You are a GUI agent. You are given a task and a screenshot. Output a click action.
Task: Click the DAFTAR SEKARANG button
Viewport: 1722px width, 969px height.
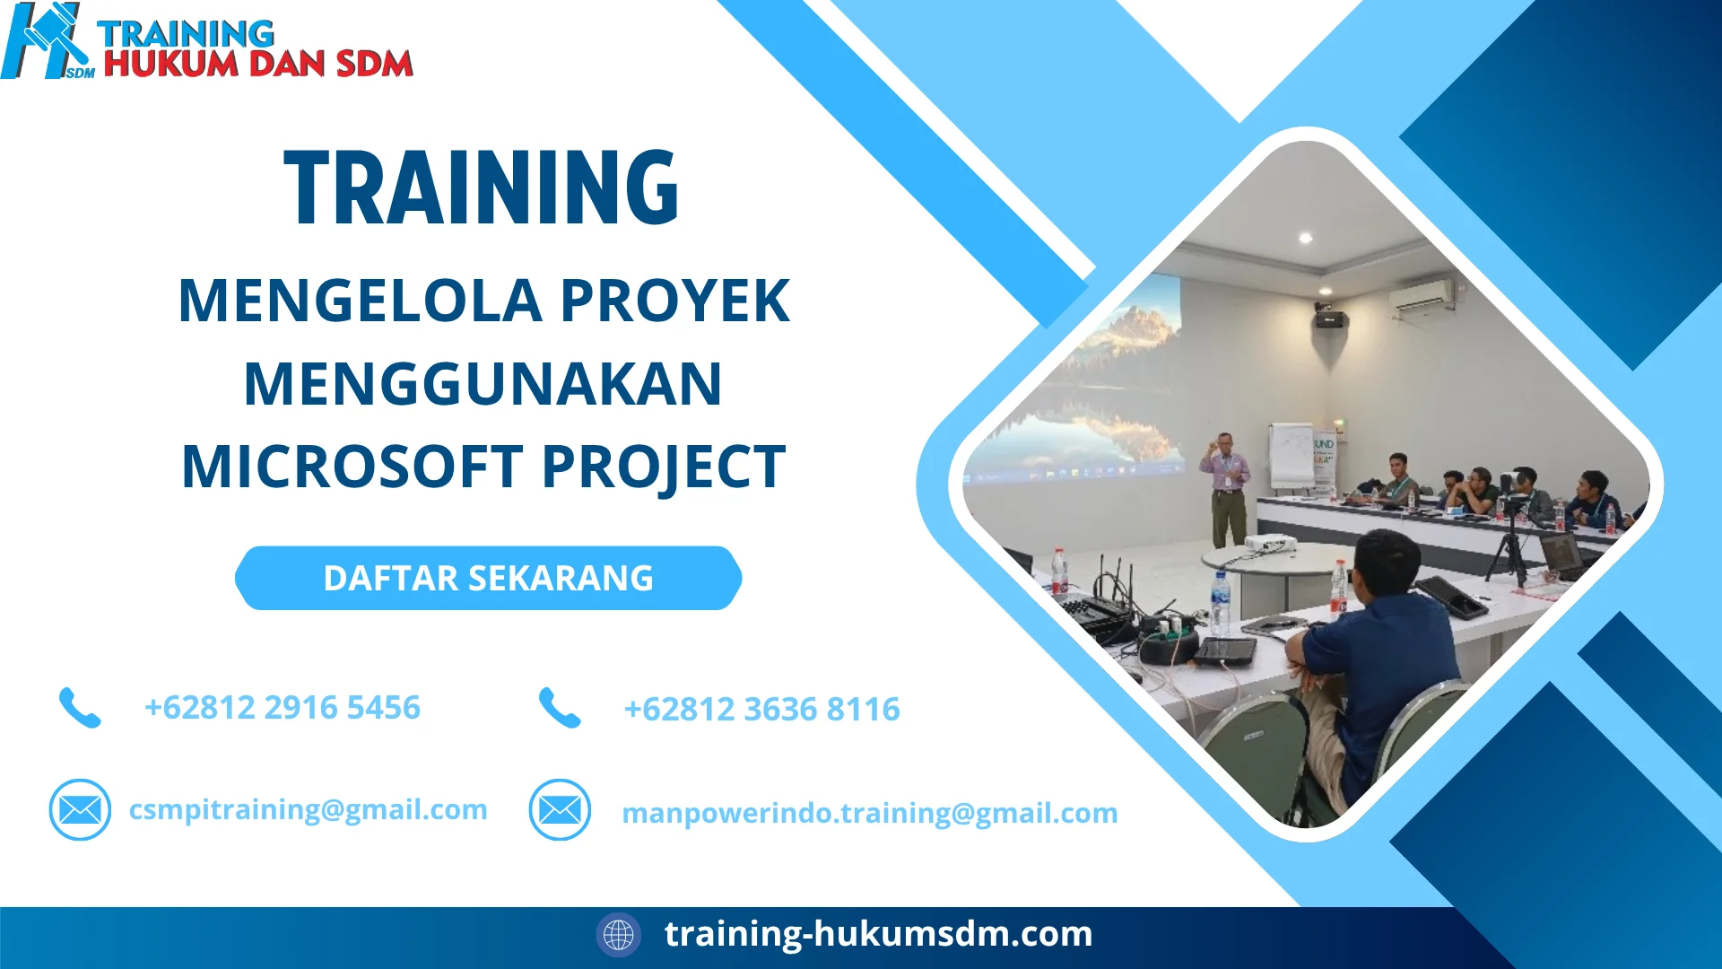488,579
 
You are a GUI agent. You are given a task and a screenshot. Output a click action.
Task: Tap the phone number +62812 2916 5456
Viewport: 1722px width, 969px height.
282,708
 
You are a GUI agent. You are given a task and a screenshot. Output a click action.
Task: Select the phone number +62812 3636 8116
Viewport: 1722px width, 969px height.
761,710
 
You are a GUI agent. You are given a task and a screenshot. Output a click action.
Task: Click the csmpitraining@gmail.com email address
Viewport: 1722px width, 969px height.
308,809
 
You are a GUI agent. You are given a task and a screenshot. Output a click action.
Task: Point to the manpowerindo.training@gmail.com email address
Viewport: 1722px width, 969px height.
869,813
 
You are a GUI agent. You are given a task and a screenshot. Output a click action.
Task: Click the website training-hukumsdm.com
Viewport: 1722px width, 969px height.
878,934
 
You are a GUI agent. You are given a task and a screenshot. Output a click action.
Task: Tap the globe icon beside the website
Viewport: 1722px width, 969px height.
618,935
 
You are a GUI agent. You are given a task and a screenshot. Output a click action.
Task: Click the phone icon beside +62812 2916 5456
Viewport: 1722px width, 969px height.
80,708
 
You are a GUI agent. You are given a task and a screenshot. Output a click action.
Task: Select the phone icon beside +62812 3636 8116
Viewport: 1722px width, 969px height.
560,708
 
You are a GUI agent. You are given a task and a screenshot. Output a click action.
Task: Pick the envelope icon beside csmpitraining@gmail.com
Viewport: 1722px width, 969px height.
80,809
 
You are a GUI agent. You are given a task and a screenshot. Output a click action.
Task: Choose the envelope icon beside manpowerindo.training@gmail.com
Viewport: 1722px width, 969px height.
560,810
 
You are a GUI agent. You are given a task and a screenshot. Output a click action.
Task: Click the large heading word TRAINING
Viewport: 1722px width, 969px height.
482,188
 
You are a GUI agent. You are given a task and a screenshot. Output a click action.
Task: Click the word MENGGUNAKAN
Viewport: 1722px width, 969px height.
483,384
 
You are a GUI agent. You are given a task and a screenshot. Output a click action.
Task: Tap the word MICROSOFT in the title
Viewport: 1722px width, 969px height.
352,467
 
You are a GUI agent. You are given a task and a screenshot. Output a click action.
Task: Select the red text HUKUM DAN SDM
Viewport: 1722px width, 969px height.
258,64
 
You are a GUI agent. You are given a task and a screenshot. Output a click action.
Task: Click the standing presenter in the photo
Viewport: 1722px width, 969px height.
1227,489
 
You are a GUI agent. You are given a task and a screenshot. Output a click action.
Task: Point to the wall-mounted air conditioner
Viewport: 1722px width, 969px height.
1422,295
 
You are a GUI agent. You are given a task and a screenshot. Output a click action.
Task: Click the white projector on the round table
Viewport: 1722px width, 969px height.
1269,542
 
